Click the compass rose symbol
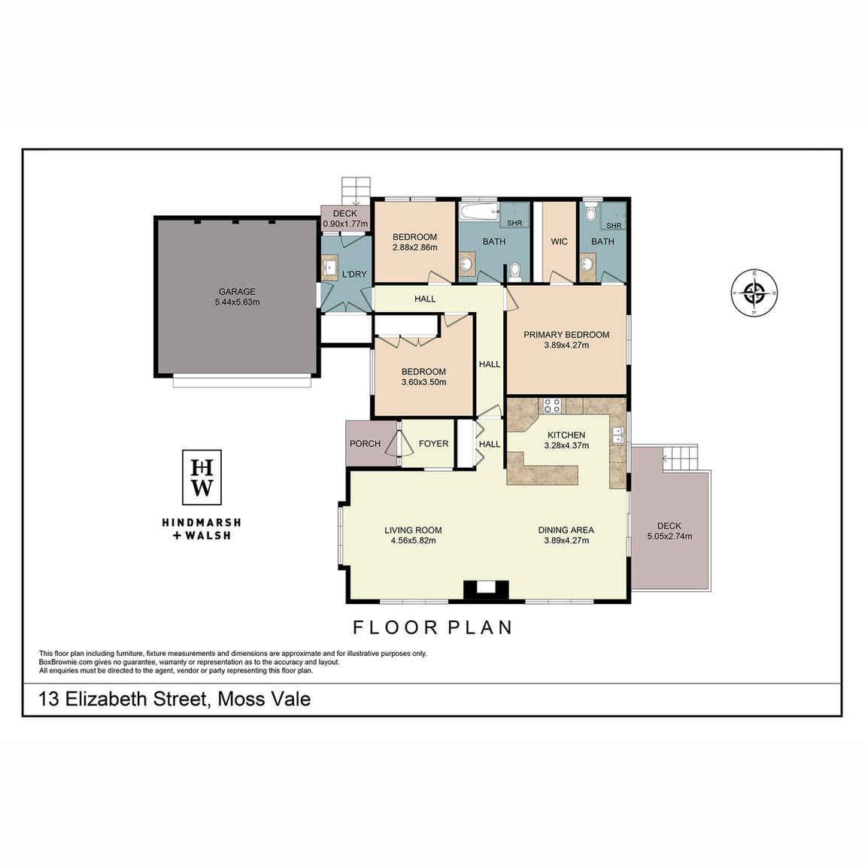click(x=754, y=293)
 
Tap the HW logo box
click(x=202, y=477)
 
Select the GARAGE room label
click(x=237, y=292)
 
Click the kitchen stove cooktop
click(x=552, y=405)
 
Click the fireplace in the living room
click(x=485, y=590)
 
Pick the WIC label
click(x=559, y=241)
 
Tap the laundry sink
click(x=330, y=268)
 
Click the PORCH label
click(x=366, y=444)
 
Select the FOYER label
click(x=433, y=444)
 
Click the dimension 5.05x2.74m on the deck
click(x=669, y=536)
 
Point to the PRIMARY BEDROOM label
click(x=566, y=334)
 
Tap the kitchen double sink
click(x=618, y=435)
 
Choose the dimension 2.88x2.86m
click(x=415, y=247)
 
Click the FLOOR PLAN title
click(x=433, y=627)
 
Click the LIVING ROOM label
click(x=413, y=530)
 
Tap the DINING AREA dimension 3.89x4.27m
click(x=566, y=541)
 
